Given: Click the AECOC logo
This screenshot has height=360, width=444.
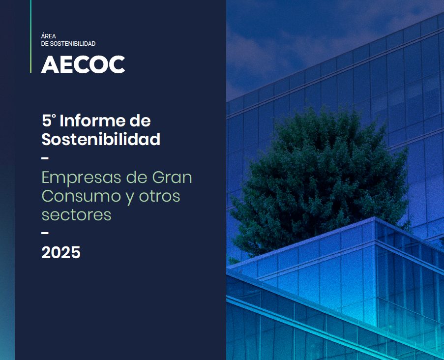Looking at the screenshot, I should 83,64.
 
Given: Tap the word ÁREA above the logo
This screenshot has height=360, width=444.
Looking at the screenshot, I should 49,36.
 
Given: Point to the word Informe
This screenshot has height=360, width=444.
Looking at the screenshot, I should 88,120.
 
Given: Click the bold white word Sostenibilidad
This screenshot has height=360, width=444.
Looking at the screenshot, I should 101,139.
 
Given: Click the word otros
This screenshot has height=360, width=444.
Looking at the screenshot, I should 159,196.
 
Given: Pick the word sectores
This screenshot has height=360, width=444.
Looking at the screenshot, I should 76,214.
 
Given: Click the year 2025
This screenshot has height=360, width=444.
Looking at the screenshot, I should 60,252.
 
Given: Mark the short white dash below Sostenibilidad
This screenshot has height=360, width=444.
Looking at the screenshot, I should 45,158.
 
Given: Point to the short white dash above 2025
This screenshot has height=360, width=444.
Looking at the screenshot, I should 45,233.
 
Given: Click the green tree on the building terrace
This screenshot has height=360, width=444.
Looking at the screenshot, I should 320,182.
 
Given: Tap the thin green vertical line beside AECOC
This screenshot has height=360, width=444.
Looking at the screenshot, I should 30,36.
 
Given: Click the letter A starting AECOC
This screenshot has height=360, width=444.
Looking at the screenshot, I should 50,64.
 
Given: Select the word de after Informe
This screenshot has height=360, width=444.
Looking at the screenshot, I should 140,120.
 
